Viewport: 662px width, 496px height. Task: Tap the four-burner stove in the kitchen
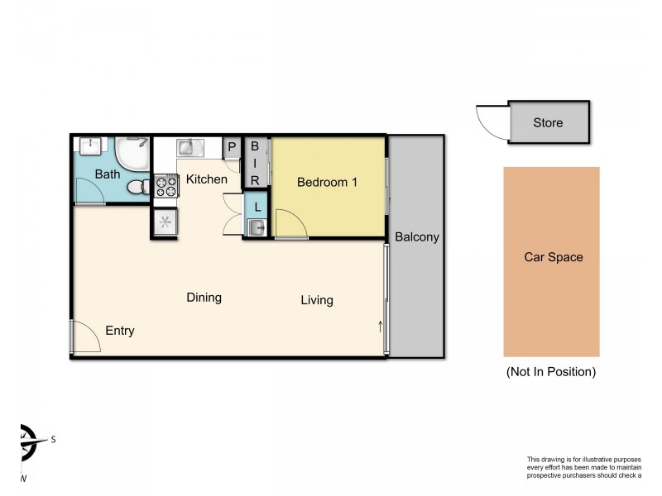[x=165, y=186]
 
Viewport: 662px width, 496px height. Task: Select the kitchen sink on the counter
[x=189, y=148]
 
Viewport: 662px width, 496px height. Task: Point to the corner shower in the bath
[x=132, y=153]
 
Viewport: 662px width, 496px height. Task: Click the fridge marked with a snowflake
[x=164, y=222]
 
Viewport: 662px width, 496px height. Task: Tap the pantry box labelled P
[x=232, y=148]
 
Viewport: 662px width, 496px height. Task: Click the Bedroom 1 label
[x=327, y=182]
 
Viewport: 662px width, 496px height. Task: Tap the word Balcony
[x=416, y=237]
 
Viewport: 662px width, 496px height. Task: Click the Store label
[x=548, y=123]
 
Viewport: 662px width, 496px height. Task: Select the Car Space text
[x=553, y=257]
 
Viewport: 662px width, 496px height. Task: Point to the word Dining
[x=204, y=298]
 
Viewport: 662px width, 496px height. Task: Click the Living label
[x=317, y=300]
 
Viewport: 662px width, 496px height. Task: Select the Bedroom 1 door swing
[x=290, y=223]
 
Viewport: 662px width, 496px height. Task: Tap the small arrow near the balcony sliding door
[x=381, y=326]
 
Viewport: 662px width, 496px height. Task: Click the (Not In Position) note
[x=550, y=372]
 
